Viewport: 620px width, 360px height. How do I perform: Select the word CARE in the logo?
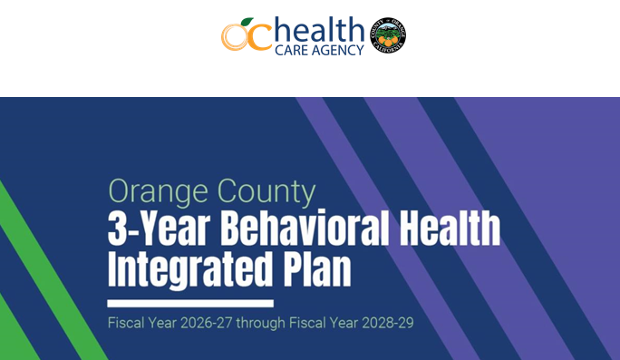(294, 50)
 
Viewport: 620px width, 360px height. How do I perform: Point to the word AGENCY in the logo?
(338, 50)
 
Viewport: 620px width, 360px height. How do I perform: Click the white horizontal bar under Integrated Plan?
(189, 303)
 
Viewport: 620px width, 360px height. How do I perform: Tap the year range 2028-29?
(384, 323)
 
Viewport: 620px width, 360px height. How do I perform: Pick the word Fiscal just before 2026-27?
(126, 323)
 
